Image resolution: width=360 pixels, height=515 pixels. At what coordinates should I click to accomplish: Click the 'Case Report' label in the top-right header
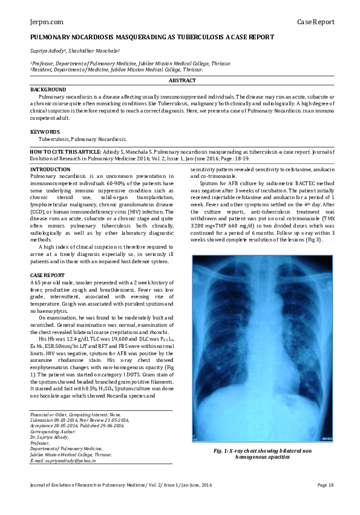[315, 22]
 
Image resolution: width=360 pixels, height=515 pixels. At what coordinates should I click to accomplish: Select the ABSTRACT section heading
[182, 81]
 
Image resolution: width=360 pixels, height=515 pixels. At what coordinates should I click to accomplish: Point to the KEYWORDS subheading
[45, 131]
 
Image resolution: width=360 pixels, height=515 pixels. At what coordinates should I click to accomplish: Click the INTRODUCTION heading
[50, 169]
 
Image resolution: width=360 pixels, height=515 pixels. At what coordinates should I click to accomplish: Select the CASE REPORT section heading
[47, 275]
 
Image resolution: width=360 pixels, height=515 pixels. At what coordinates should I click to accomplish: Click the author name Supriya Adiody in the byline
[47, 51]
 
